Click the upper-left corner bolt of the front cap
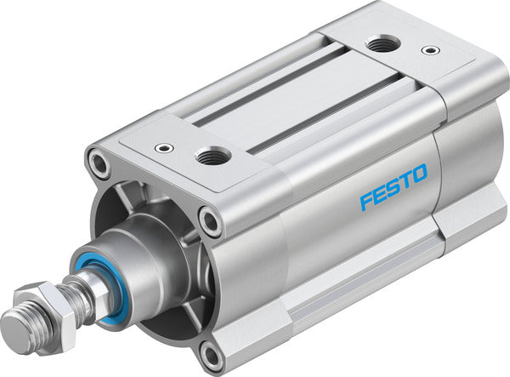[101, 163]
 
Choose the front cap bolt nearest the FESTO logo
[209, 222]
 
